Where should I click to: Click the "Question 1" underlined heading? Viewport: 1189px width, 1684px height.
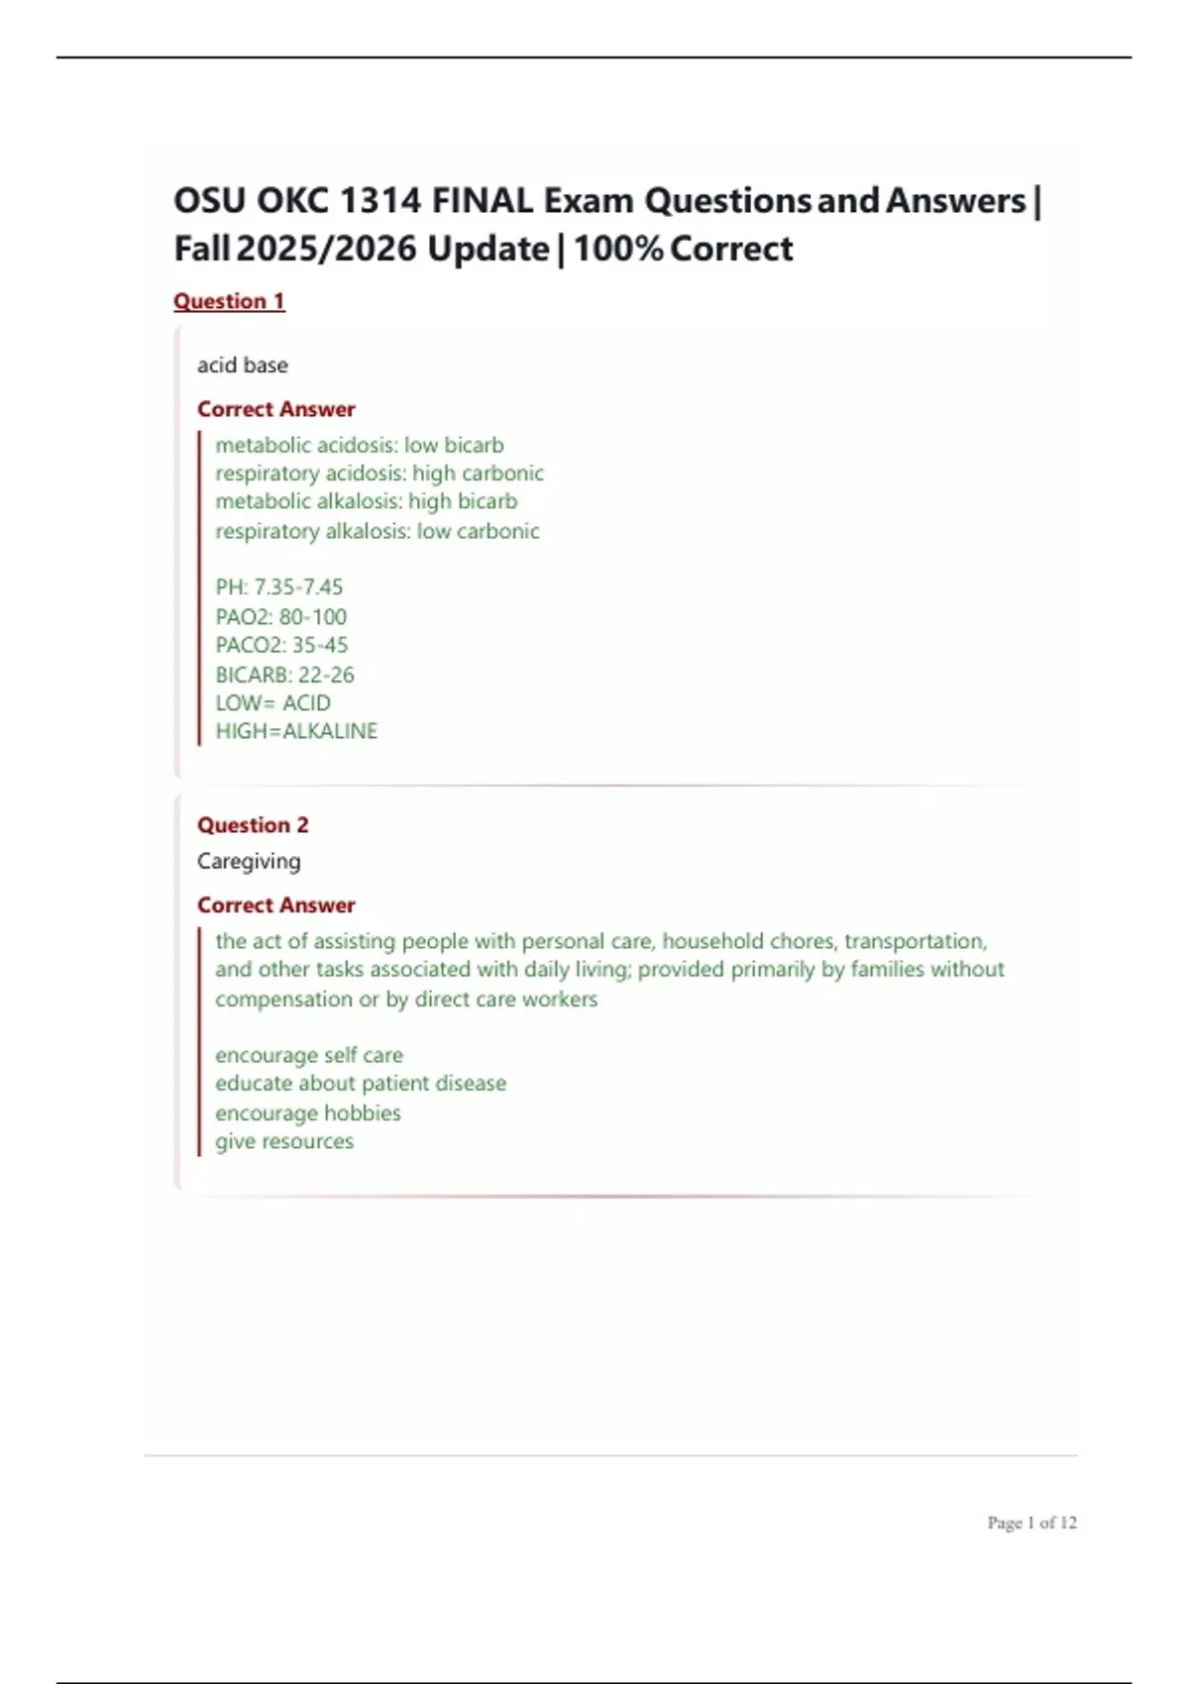tap(229, 301)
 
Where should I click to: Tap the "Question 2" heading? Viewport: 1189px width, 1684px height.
tap(253, 825)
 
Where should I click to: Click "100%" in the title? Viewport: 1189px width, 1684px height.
tap(617, 249)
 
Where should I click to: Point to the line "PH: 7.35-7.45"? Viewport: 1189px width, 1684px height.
tap(279, 587)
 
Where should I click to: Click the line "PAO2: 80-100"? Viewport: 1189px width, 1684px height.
tap(281, 617)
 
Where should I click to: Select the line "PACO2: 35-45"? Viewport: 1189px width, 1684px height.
tap(281, 646)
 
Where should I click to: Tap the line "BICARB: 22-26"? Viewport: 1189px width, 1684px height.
tap(284, 675)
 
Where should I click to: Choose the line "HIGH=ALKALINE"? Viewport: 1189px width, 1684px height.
tap(296, 731)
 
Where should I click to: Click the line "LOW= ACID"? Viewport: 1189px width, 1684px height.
tap(272, 703)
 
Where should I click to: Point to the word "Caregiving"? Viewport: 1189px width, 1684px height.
tap(249, 862)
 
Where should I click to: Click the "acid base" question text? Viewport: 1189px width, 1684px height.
tap(243, 366)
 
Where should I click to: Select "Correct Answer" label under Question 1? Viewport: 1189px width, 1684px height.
tap(275, 409)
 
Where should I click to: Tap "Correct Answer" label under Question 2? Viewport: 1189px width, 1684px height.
tap(275, 905)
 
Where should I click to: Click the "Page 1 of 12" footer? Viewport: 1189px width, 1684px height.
tap(1031, 1523)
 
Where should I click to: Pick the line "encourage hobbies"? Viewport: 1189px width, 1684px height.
tap(308, 1113)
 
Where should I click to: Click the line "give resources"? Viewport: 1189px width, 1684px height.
tap(284, 1141)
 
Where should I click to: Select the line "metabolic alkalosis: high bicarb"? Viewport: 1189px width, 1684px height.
tap(367, 502)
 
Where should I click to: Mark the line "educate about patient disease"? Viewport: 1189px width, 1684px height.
tap(361, 1084)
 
